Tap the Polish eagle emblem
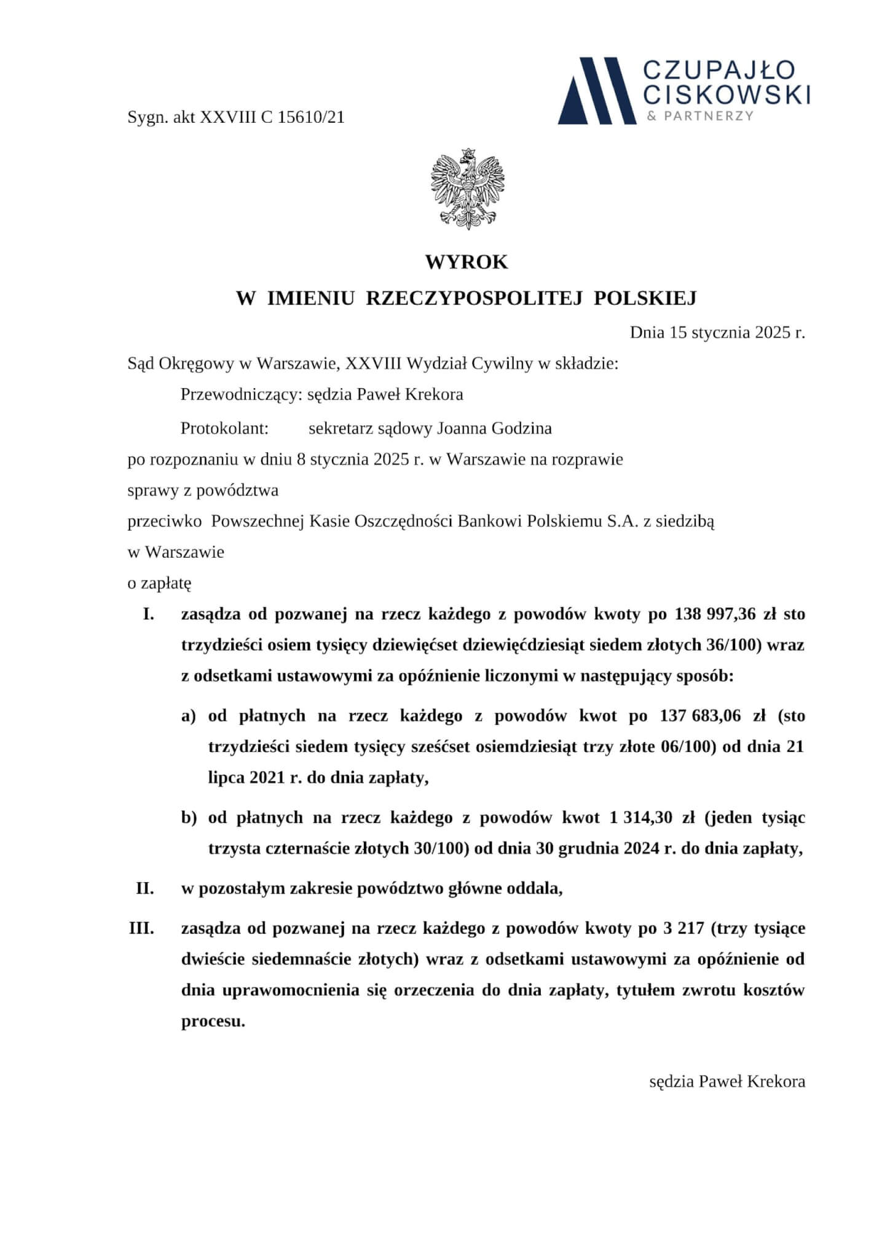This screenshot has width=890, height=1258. [468, 189]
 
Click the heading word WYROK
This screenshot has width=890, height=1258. [467, 262]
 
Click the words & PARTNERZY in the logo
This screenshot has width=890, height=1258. [701, 116]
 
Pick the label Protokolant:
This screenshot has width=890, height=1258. [224, 428]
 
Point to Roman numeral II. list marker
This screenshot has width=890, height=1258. [145, 888]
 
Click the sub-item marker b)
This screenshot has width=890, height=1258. [189, 818]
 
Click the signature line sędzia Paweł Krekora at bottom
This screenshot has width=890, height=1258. [727, 1082]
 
